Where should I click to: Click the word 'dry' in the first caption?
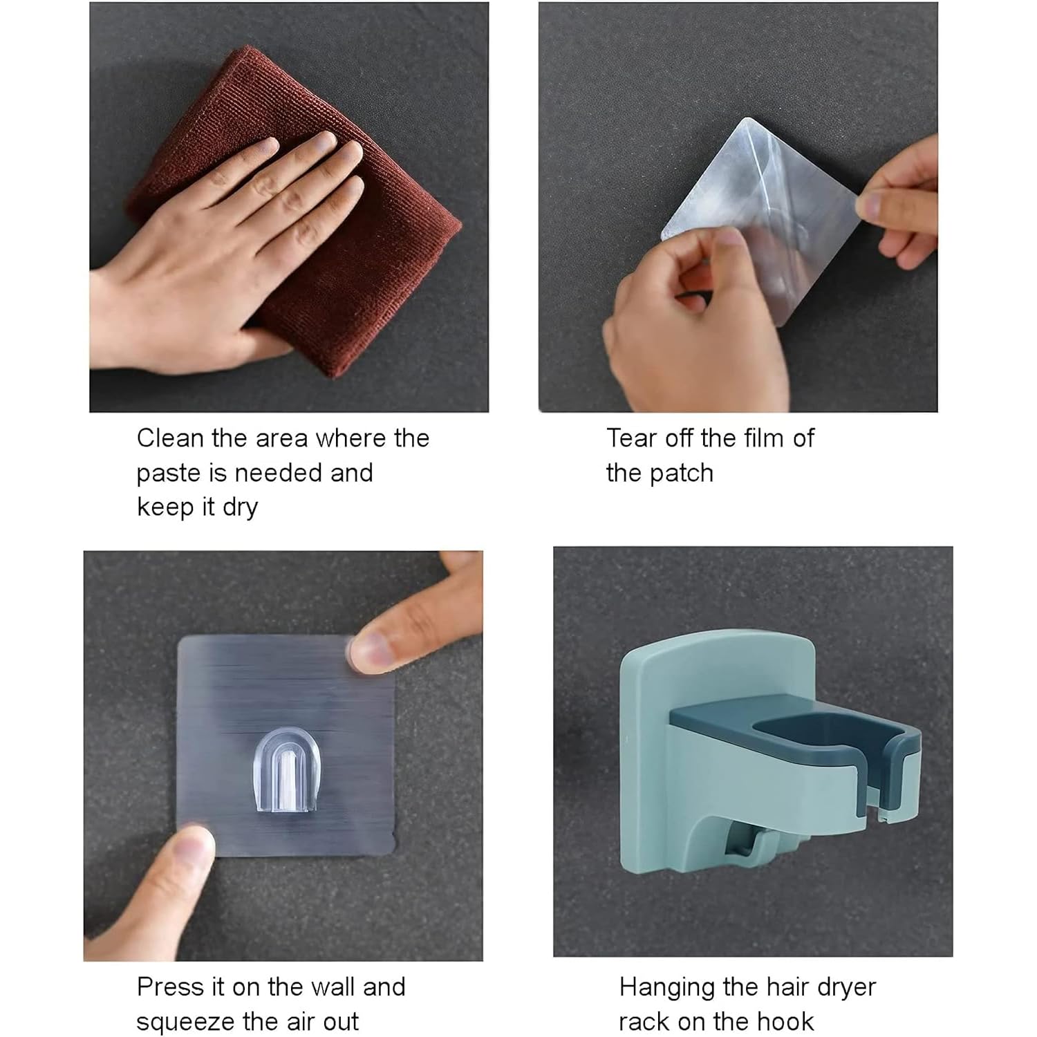(x=240, y=509)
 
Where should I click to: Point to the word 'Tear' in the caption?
(x=632, y=438)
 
